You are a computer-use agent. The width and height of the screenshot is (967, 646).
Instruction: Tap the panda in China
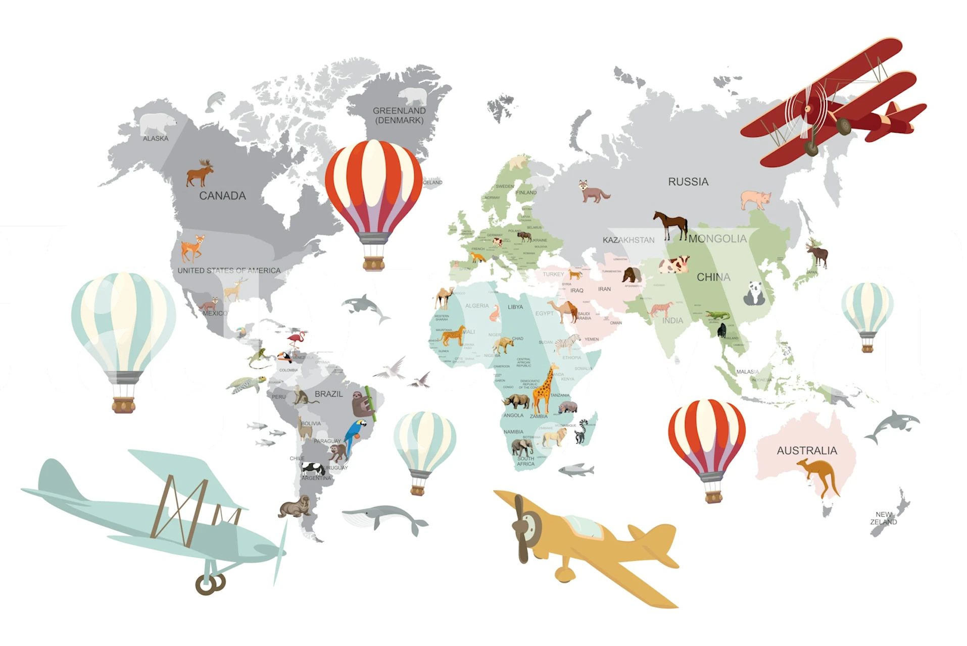coord(754,293)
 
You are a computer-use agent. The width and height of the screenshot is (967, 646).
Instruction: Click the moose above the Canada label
coord(200,173)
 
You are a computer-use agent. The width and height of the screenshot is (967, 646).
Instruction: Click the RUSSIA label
coord(688,182)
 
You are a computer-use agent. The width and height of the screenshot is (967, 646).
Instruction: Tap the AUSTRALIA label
coord(806,450)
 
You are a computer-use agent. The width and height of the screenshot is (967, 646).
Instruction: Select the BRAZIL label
coord(328,394)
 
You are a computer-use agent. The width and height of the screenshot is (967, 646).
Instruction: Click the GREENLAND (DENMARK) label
coord(399,115)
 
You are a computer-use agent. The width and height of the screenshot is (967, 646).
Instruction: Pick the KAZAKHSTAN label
coord(628,240)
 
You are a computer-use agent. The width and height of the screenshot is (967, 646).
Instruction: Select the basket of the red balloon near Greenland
coord(373,263)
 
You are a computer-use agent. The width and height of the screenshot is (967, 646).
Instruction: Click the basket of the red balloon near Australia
coord(713,497)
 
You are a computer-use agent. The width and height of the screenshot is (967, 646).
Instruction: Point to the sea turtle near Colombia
coord(246,385)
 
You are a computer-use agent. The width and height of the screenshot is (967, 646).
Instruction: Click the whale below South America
coord(384,518)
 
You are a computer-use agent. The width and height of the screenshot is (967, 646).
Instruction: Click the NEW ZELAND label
coord(883,518)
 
